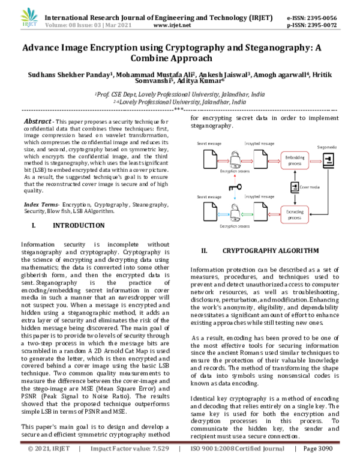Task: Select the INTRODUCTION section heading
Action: [x=79, y=226]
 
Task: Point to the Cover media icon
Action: [x=295, y=187]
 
